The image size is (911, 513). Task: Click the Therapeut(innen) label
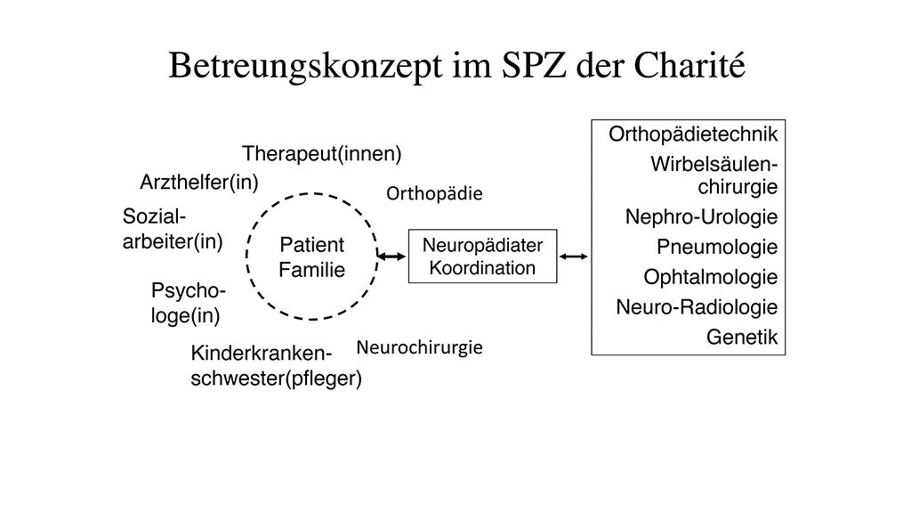pyautogui.click(x=322, y=153)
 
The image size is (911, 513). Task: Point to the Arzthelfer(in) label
pyautogui.click(x=198, y=183)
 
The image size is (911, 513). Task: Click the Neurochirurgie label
pyautogui.click(x=419, y=347)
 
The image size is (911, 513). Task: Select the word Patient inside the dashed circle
pyautogui.click(x=311, y=245)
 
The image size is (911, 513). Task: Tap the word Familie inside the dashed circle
pyautogui.click(x=311, y=270)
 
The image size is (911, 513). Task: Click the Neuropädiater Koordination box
pyautogui.click(x=482, y=256)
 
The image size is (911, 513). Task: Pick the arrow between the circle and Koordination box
pyautogui.click(x=391, y=256)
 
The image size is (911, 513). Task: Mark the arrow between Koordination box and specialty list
pyautogui.click(x=574, y=256)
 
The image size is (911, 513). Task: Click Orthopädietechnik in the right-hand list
pyautogui.click(x=693, y=134)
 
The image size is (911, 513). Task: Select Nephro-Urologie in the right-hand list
pyautogui.click(x=701, y=216)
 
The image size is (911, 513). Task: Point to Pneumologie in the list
pyautogui.click(x=717, y=247)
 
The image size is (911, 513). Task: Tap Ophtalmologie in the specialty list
pyautogui.click(x=711, y=277)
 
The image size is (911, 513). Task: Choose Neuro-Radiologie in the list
pyautogui.click(x=697, y=307)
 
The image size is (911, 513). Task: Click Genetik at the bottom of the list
pyautogui.click(x=742, y=338)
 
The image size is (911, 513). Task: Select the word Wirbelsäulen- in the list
pyautogui.click(x=713, y=165)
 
